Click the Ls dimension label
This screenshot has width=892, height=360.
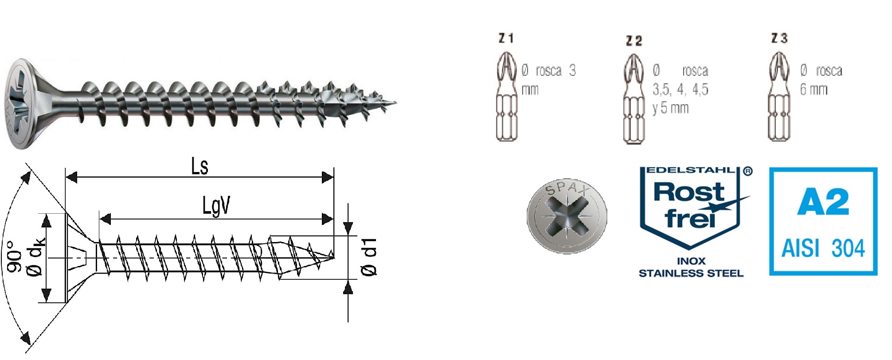click(x=200, y=166)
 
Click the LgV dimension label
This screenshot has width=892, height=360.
click(x=216, y=206)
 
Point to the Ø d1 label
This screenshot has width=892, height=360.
click(x=369, y=257)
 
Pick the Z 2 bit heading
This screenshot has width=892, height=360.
click(x=634, y=41)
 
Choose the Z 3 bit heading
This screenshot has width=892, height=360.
click(x=779, y=38)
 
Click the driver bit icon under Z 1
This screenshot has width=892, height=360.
click(x=507, y=97)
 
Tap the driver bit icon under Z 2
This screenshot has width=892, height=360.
click(x=634, y=98)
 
